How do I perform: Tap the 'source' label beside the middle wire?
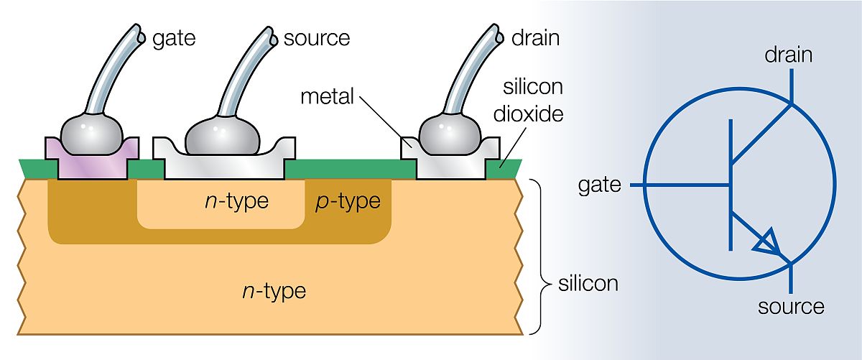click(x=317, y=38)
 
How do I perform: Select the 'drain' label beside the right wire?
click(x=535, y=38)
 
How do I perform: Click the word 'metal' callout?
click(x=328, y=96)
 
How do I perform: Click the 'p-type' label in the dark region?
click(x=348, y=202)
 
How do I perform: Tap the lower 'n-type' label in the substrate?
click(x=273, y=292)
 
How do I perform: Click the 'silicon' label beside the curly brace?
click(x=588, y=283)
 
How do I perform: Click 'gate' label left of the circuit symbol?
click(x=599, y=185)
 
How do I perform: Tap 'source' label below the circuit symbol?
click(x=791, y=307)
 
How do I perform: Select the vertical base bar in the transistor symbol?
click(x=730, y=185)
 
